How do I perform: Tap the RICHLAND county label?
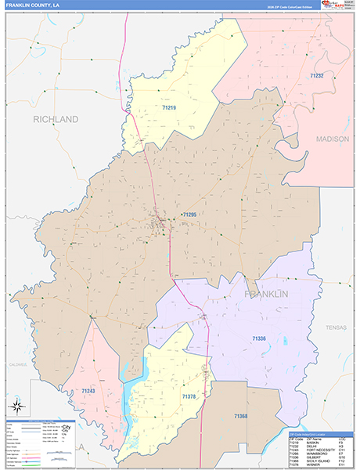click(56, 119)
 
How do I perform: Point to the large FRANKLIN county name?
click(266, 294)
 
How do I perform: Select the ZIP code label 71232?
click(316, 75)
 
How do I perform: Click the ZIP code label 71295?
click(188, 214)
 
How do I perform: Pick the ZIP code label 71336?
click(260, 338)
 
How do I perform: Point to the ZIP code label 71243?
click(88, 390)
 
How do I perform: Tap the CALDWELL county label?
click(17, 364)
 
